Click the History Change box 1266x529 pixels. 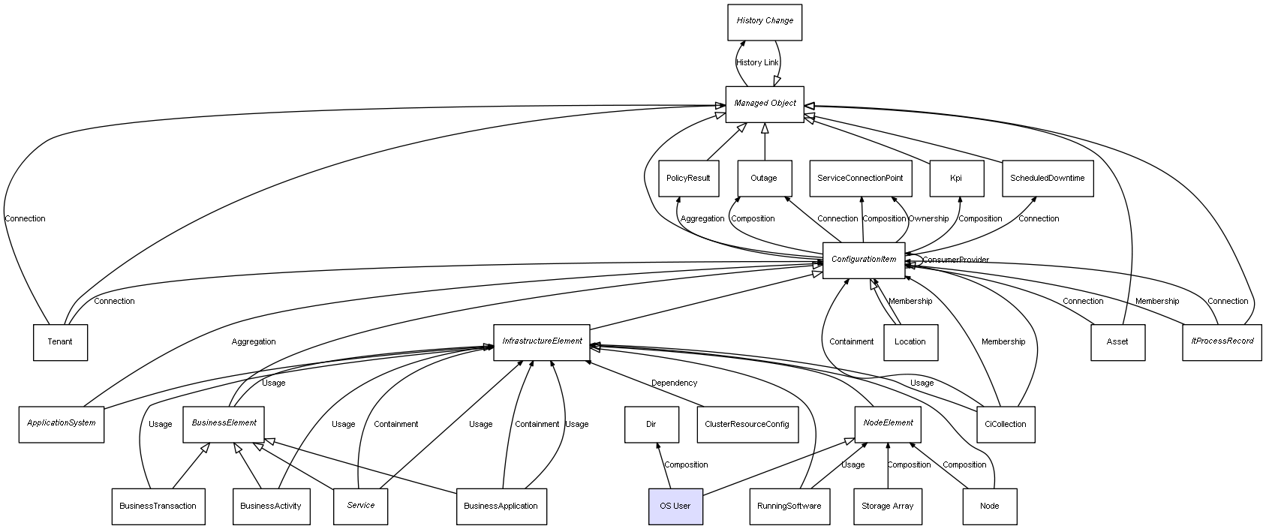[x=765, y=22]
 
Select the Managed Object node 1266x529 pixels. [x=765, y=104]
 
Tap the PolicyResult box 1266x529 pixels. [x=688, y=179]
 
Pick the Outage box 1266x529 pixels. [x=764, y=179]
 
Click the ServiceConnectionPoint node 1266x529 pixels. [x=860, y=179]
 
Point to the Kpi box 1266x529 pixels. [x=956, y=179]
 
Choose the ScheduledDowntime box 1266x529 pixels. [x=1047, y=179]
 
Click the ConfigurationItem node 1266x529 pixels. [x=864, y=260]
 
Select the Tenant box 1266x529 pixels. [x=60, y=342]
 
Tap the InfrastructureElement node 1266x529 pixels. [x=542, y=341]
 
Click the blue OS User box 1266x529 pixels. [x=675, y=506]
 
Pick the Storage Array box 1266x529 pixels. [x=887, y=506]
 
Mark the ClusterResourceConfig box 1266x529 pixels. [x=747, y=424]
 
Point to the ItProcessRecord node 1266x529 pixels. [x=1222, y=341]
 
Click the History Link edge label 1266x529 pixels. [x=757, y=63]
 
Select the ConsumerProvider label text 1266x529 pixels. [x=955, y=260]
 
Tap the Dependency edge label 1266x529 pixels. [x=674, y=383]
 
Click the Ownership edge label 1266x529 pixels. [x=928, y=219]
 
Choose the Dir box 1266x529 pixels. [x=651, y=424]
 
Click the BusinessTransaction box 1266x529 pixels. [x=158, y=506]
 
